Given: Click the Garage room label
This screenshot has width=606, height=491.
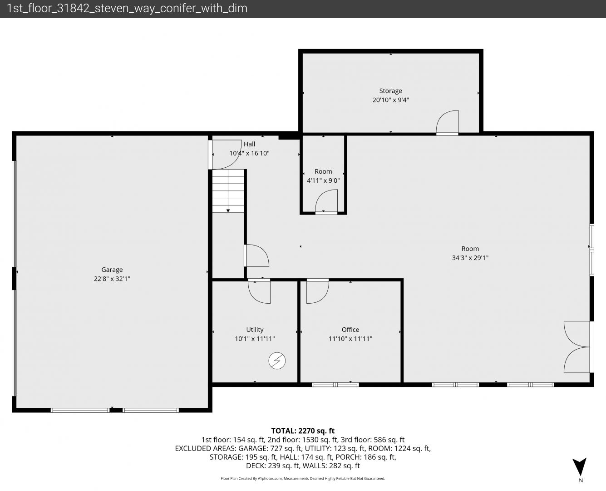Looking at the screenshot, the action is [112, 270].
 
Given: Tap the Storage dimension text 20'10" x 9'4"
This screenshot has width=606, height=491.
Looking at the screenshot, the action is [391, 100].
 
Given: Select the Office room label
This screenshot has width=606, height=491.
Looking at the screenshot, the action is [350, 330].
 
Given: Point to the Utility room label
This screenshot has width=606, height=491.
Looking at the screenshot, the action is [255, 330].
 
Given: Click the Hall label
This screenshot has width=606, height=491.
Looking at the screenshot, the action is [249, 144].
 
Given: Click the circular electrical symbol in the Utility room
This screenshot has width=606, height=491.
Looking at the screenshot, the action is [277, 361].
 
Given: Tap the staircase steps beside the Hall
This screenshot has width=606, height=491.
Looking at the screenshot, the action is [228, 191].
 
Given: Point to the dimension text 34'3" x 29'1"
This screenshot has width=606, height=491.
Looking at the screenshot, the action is [470, 258].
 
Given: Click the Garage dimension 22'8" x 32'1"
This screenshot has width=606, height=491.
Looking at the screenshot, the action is [112, 279].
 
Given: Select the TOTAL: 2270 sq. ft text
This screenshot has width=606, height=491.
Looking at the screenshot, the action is [303, 431].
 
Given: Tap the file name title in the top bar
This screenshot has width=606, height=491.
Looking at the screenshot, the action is [127, 9].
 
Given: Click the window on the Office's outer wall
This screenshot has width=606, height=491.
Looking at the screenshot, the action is [335, 385].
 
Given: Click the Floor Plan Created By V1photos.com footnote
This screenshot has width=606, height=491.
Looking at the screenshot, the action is [303, 478].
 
